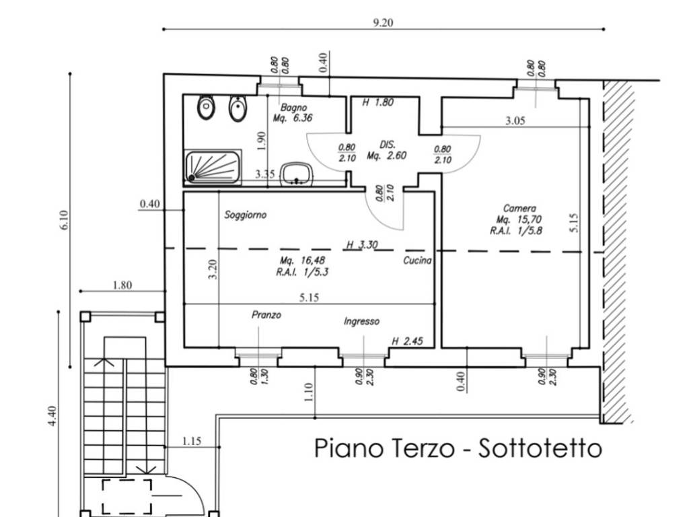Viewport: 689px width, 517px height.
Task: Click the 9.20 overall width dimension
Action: (383, 22)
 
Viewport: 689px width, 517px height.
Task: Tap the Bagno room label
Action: (294, 108)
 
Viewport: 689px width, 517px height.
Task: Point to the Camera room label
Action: (519, 209)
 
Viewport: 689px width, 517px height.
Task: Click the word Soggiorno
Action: (246, 215)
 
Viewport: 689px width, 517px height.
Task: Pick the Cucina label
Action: (418, 261)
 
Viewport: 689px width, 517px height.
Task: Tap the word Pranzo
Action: (266, 315)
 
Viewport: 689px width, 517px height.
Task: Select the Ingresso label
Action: (361, 322)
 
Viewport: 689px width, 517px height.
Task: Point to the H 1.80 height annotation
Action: (377, 103)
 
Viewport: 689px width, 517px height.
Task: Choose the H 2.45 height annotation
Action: (407, 341)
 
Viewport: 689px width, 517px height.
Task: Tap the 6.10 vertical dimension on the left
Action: (64, 220)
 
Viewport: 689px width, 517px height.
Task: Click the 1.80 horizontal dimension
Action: (122, 285)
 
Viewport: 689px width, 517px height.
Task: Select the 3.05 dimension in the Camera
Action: (515, 122)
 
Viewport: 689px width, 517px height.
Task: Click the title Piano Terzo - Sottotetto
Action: (458, 449)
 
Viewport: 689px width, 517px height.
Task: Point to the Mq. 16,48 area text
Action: (300, 261)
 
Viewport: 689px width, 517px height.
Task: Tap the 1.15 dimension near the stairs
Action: (192, 442)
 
